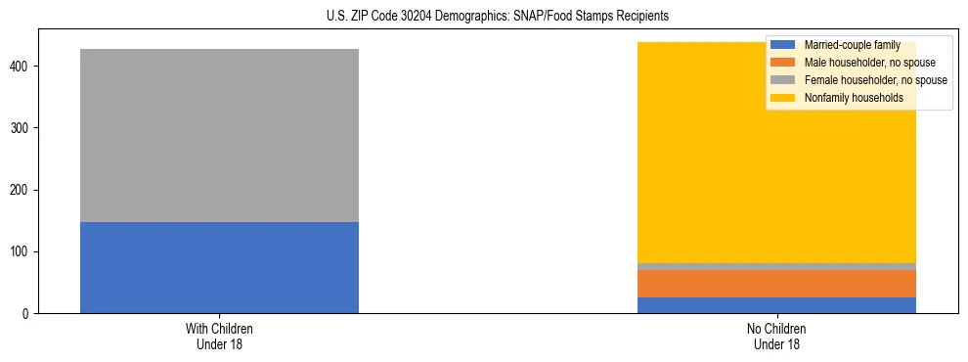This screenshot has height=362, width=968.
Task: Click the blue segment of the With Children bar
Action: (x=219, y=267)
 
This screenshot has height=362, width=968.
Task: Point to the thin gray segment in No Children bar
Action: (x=776, y=266)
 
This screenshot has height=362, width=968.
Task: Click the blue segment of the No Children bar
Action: (x=776, y=305)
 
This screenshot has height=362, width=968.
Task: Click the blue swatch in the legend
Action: (x=783, y=45)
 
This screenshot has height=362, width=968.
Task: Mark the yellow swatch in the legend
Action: (x=783, y=98)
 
